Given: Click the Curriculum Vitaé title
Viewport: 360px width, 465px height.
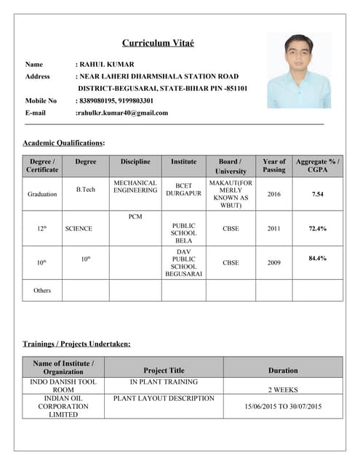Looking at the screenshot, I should click(x=158, y=44).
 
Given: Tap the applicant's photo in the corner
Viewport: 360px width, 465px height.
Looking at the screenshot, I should click(x=298, y=70).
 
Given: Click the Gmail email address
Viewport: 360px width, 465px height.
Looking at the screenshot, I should click(x=122, y=113).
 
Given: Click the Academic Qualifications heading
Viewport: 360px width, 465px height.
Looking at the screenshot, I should click(x=64, y=143).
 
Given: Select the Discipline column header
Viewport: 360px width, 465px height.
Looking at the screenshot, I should click(x=135, y=161).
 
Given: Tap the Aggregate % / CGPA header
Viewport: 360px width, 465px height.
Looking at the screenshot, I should click(x=317, y=166).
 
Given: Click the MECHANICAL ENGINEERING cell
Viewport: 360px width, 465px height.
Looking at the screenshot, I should click(x=135, y=187).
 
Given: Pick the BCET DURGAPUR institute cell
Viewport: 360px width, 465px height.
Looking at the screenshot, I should click(x=183, y=190).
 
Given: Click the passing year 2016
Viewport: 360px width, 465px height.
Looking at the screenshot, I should click(x=273, y=195).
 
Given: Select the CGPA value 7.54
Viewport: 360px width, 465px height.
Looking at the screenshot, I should click(x=317, y=195).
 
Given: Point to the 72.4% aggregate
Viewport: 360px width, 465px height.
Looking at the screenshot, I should click(x=317, y=228).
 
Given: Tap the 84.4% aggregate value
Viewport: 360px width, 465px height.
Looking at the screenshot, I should click(x=317, y=258).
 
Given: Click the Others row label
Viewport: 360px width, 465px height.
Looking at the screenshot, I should click(x=42, y=290).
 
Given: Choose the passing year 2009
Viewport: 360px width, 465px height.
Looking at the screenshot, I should click(x=273, y=262).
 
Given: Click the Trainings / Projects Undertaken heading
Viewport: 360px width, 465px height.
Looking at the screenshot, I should click(x=76, y=344).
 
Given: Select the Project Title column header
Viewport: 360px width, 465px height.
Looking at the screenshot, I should click(x=164, y=371).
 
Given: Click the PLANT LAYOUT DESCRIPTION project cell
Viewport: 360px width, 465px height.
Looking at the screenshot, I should click(x=164, y=398).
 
